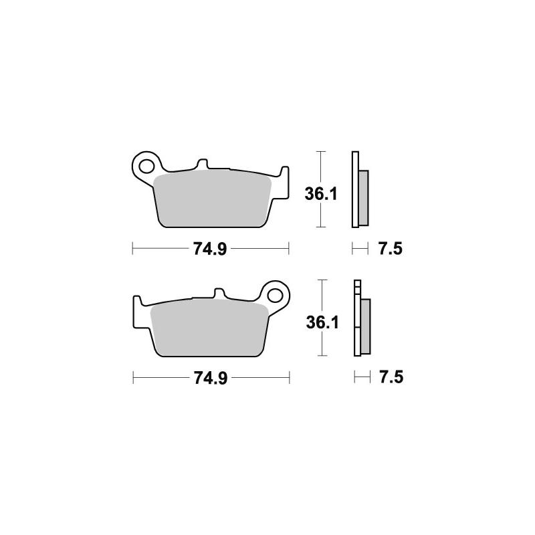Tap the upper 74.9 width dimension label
point(211,250)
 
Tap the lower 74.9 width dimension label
point(211,379)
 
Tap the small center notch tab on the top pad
point(203,165)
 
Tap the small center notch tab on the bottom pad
point(218,294)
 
